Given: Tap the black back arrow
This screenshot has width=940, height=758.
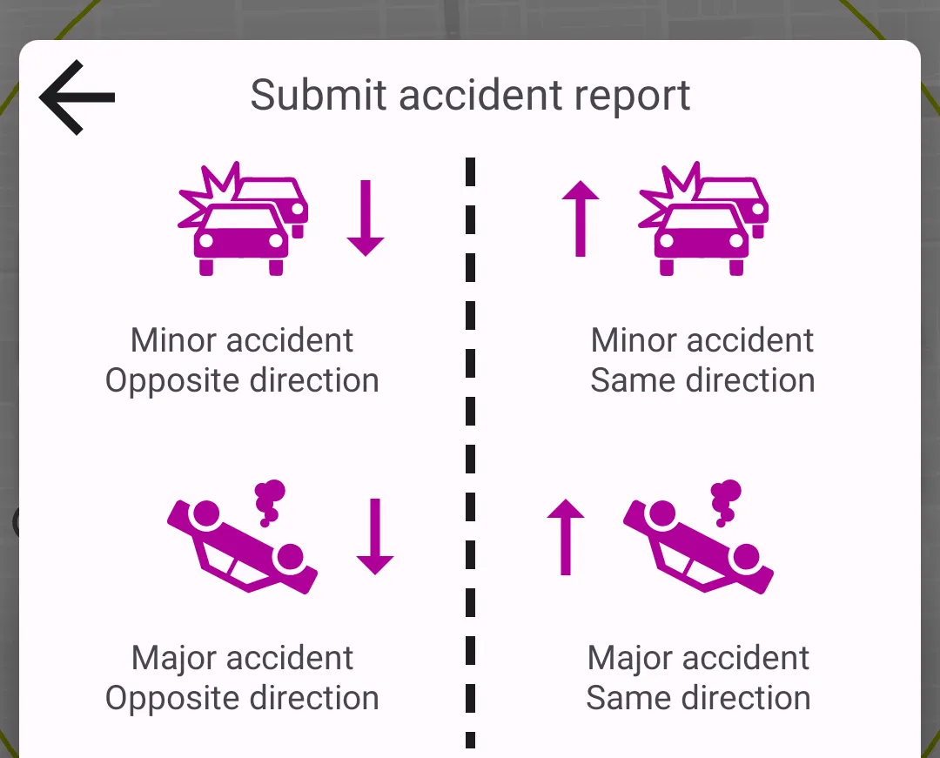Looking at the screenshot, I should pyautogui.click(x=77, y=97).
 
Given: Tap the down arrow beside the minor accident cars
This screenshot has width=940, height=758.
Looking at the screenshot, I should pyautogui.click(x=366, y=218).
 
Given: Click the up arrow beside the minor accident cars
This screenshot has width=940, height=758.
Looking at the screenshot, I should pyautogui.click(x=581, y=218).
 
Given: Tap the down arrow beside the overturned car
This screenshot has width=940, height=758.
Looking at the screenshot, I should pyautogui.click(x=375, y=536).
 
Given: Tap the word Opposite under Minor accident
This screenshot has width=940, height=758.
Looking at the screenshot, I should pyautogui.click(x=173, y=381).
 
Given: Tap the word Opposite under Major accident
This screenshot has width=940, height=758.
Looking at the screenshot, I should pyautogui.click(x=173, y=698).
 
